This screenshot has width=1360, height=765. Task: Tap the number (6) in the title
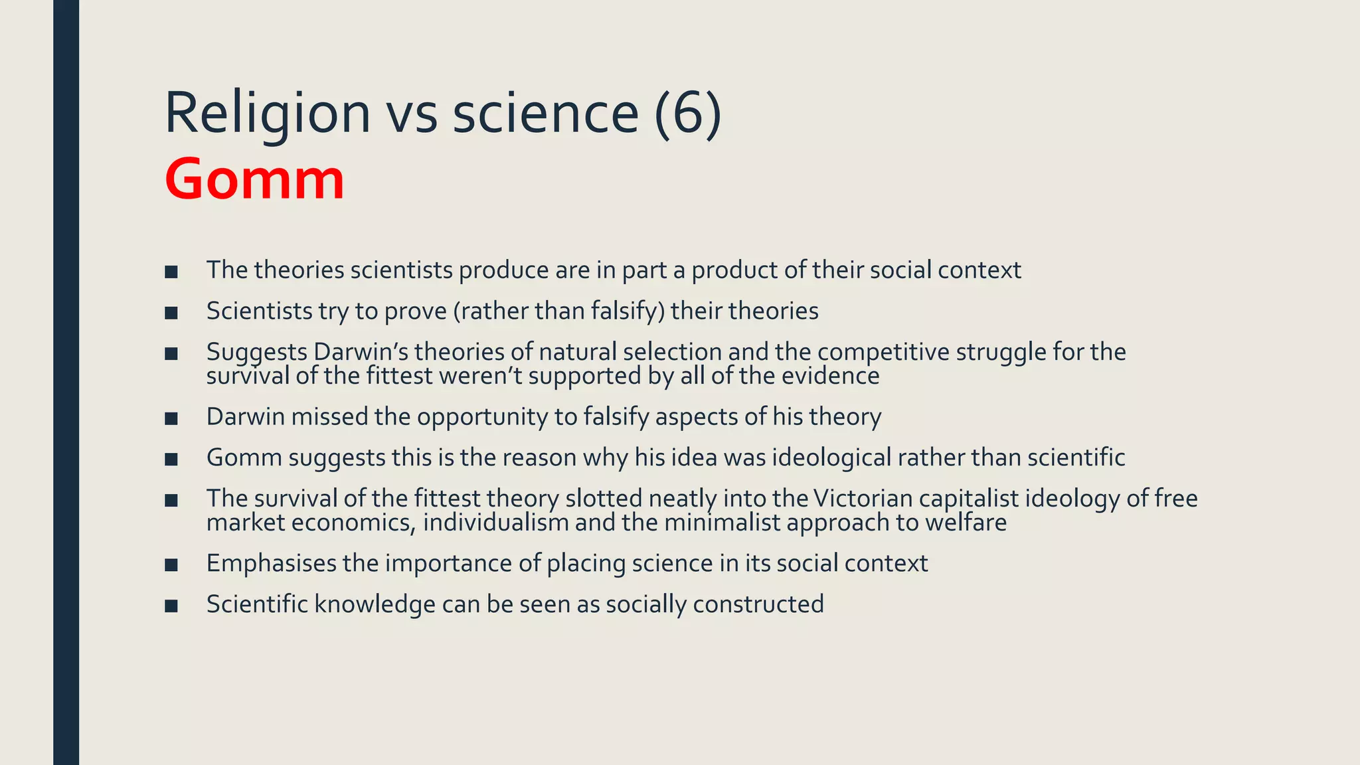[687, 113]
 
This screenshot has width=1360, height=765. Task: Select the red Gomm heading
[254, 179]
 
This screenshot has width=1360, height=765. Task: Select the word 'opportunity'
[483, 417]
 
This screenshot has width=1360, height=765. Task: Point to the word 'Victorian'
[862, 499]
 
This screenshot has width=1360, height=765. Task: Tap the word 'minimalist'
[722, 523]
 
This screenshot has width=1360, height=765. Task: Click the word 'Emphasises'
[272, 564]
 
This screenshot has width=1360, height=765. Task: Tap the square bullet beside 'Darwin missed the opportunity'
[171, 418]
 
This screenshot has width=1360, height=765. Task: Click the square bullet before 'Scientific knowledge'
[171, 606]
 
